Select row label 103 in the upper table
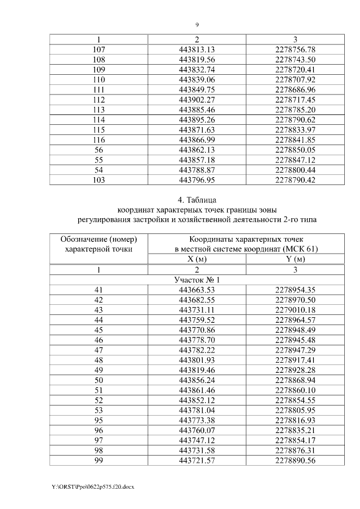tap(98, 180)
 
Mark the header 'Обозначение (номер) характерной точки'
tap(98, 244)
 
